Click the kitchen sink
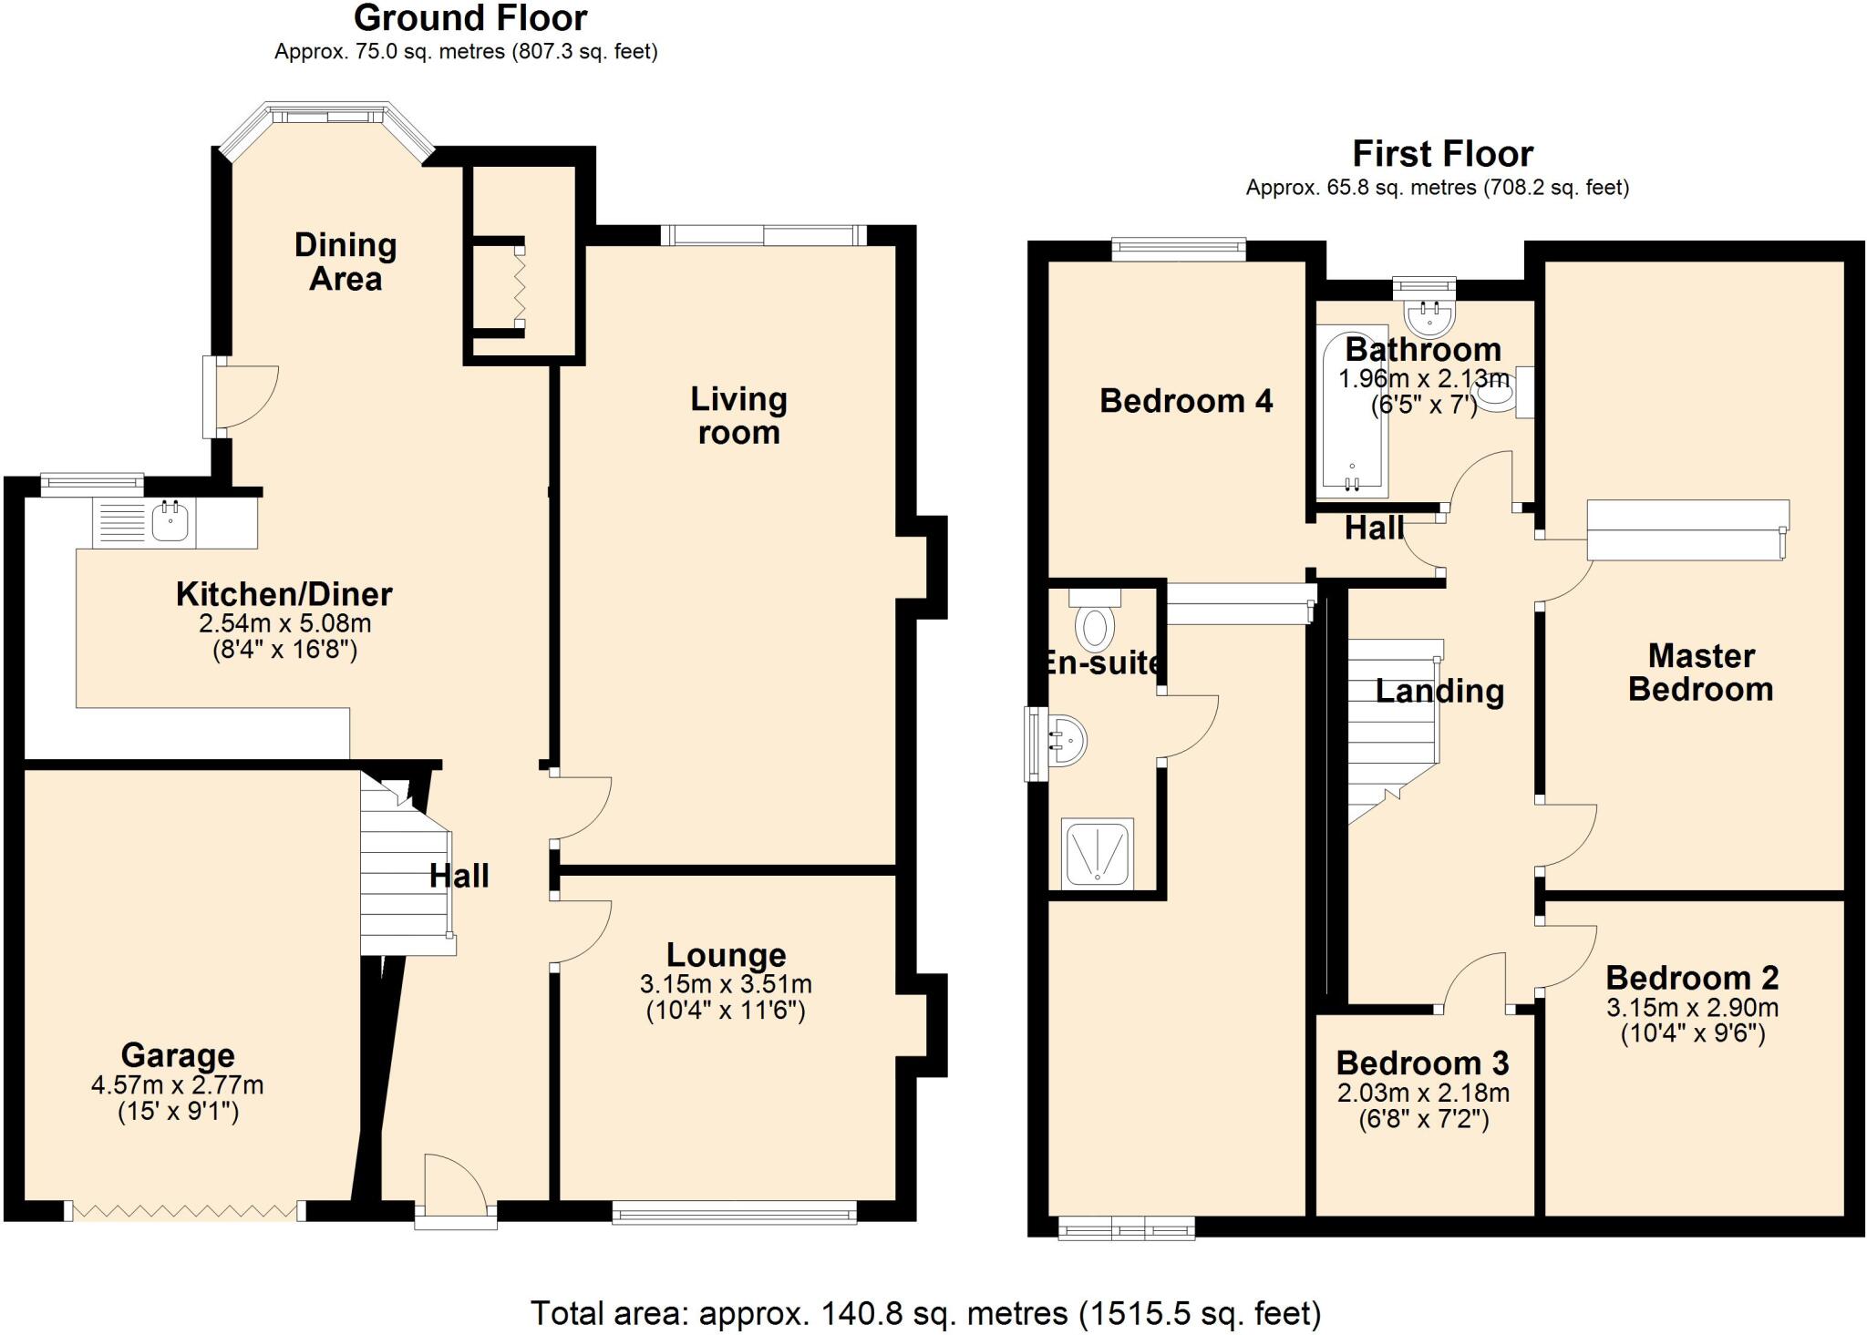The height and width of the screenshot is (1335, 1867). coord(170,522)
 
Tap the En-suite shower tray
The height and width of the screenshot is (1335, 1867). coord(1098,853)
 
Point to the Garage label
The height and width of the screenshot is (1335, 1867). coord(178,1055)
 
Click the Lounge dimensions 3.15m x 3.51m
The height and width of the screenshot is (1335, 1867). coord(726,984)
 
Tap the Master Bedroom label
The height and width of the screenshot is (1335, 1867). coord(1700,673)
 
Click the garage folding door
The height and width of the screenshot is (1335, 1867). coord(185,1210)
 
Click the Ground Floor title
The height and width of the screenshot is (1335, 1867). coord(470,18)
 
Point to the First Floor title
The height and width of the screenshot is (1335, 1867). coord(1442,154)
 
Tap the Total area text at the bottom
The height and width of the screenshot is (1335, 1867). coord(925,1313)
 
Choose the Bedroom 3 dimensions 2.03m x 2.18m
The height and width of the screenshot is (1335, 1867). coord(1423,1093)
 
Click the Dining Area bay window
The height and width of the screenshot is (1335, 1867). coord(325,117)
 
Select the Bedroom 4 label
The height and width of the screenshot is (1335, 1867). coord(1185,401)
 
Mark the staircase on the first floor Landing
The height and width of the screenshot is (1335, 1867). coord(1393,729)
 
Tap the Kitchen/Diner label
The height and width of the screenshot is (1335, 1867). coord(284,594)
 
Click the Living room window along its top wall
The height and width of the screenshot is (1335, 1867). coord(764,235)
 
